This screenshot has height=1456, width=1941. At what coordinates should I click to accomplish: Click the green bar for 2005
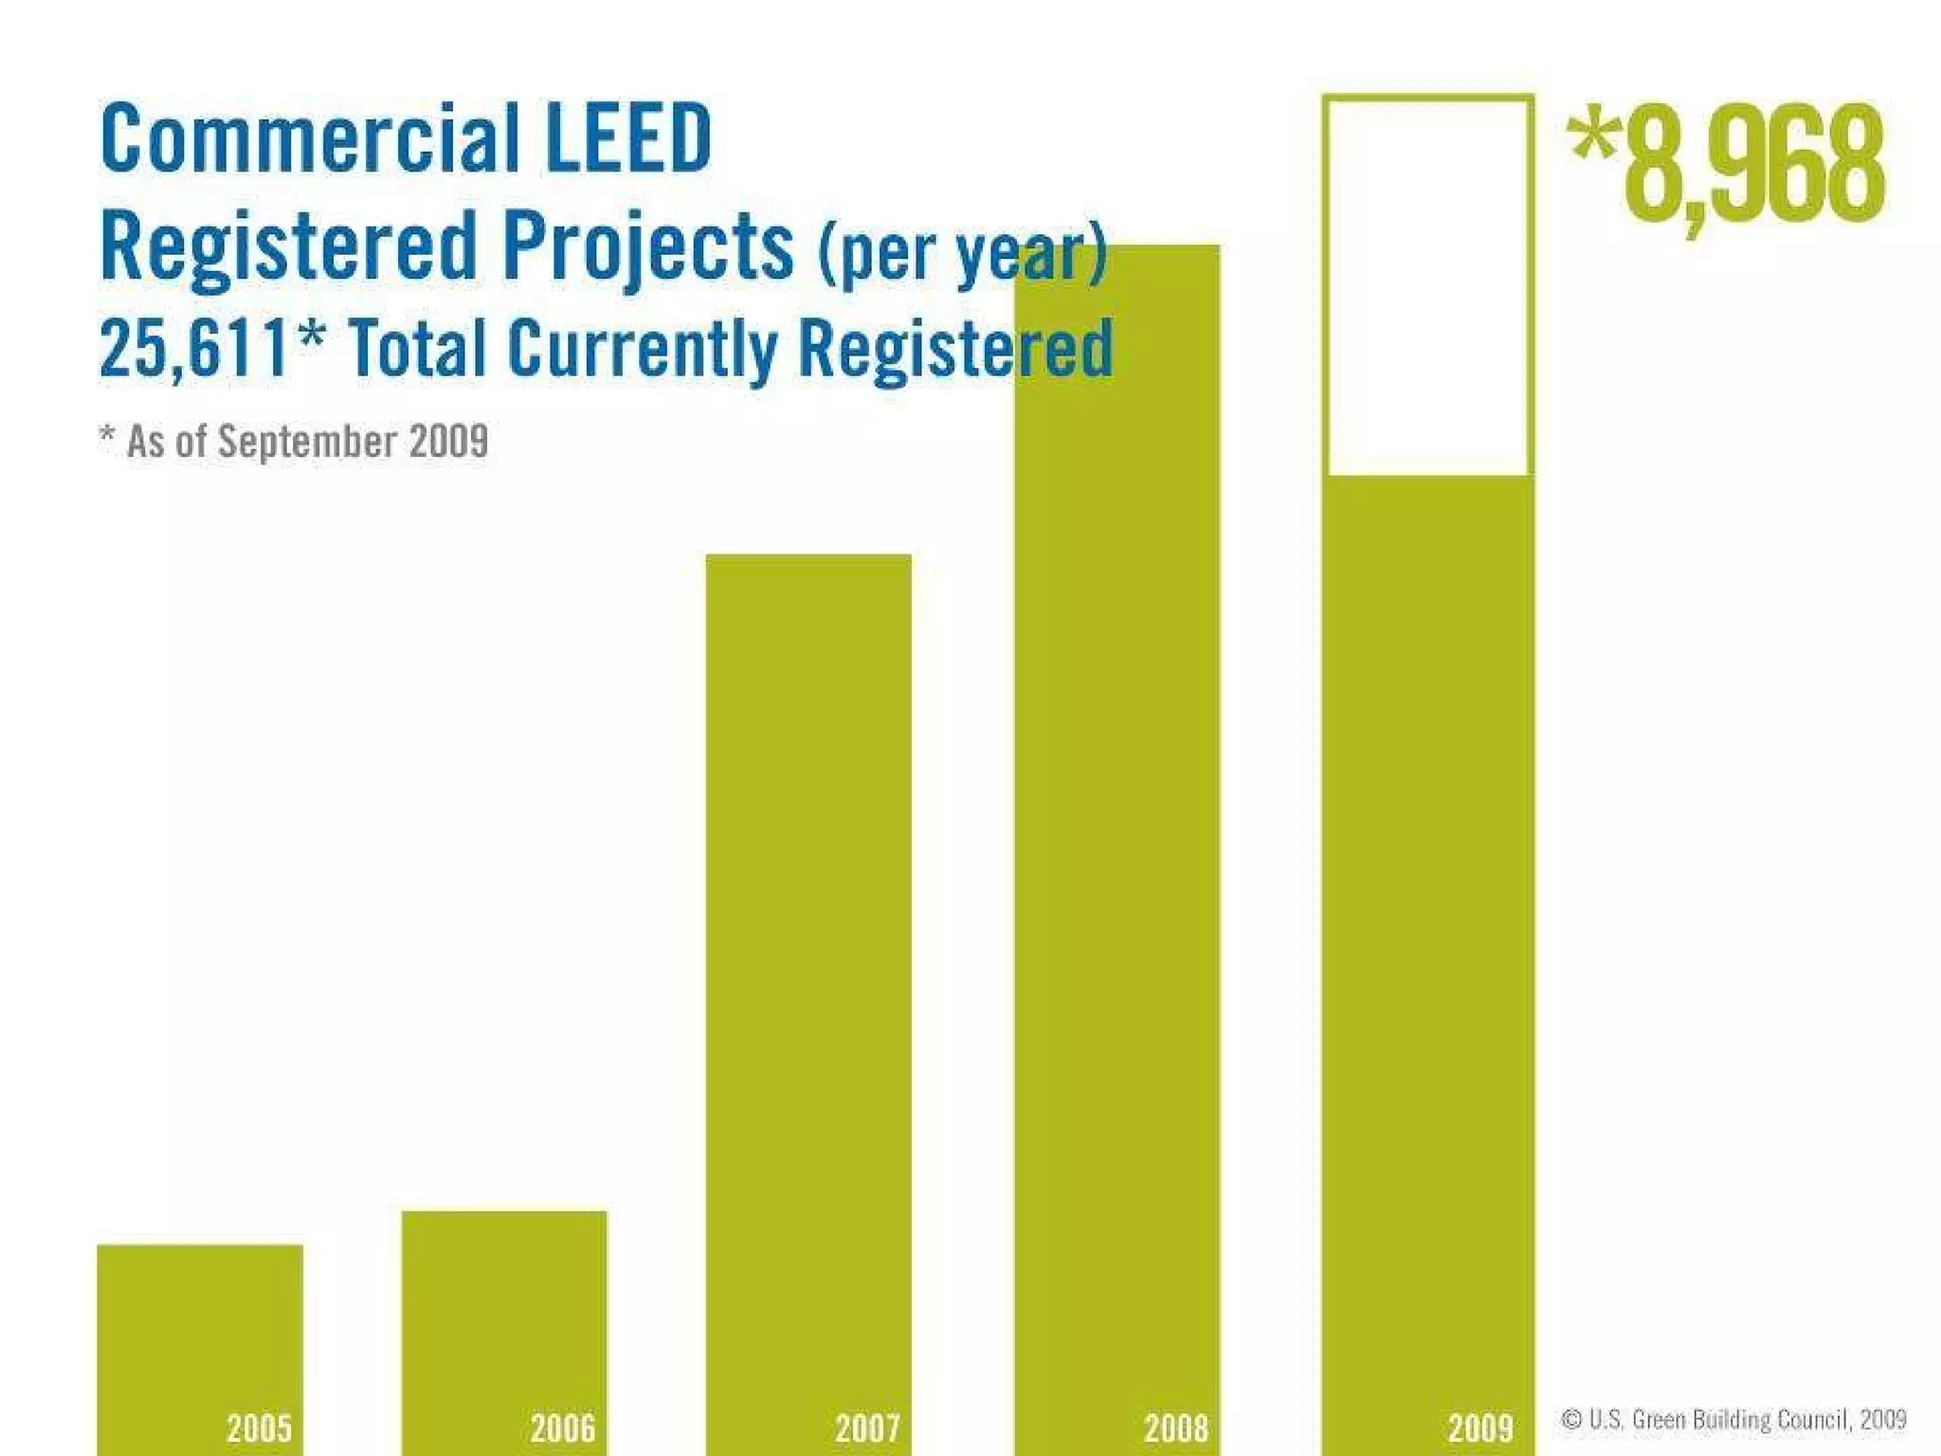(x=200, y=1346)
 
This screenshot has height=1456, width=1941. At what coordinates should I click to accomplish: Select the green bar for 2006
(x=504, y=1327)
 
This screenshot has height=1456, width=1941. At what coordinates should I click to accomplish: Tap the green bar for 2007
(x=808, y=995)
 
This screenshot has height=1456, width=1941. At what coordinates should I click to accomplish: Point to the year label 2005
(x=259, y=1428)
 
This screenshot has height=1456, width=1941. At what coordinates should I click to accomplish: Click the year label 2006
(x=563, y=1428)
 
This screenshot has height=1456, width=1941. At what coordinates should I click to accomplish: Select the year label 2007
(x=867, y=1428)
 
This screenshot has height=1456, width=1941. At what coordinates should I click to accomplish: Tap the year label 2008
(x=1176, y=1428)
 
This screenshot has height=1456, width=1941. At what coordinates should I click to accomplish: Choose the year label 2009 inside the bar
(x=1480, y=1428)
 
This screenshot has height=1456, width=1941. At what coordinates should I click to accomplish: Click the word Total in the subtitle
(x=416, y=349)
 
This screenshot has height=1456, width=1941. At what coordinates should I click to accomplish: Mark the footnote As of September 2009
(x=295, y=442)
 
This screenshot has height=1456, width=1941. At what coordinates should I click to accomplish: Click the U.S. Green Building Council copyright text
(x=1733, y=1419)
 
